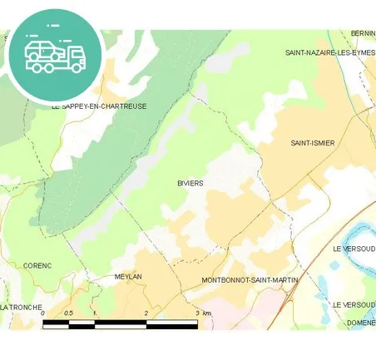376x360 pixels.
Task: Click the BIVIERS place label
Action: click(x=190, y=183)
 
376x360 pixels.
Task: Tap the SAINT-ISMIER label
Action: click(x=313, y=143)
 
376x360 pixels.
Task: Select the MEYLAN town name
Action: click(x=128, y=277)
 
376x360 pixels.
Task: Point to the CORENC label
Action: click(x=37, y=265)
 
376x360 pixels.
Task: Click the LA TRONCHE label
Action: click(x=22, y=308)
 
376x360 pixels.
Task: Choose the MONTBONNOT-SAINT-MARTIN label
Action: click(x=250, y=280)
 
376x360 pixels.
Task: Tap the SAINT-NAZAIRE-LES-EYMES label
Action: click(x=330, y=52)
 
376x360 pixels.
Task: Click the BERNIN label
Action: click(x=364, y=33)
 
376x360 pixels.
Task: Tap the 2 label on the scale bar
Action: click(x=146, y=313)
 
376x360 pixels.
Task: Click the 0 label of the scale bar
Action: click(x=42, y=313)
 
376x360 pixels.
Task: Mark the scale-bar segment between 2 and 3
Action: click(x=171, y=323)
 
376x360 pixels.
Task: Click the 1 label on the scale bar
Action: click(x=95, y=313)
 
